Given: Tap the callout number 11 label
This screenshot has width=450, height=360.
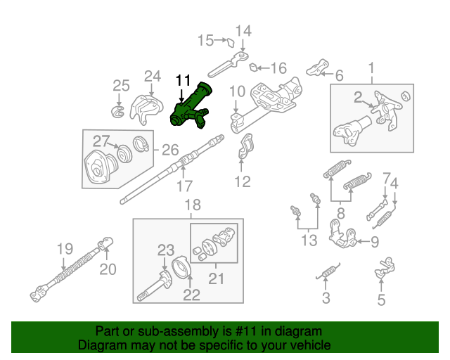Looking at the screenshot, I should [x=183, y=80].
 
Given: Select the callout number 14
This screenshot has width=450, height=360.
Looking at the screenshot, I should [x=243, y=30].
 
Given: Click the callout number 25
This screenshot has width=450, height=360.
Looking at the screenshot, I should [x=121, y=86].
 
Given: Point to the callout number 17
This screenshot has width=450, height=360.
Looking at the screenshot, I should [x=184, y=186].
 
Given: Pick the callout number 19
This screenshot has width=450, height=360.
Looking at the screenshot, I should [x=65, y=247].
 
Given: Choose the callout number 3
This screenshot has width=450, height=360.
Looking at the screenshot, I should [x=326, y=298].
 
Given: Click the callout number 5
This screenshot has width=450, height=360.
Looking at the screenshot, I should [x=381, y=301].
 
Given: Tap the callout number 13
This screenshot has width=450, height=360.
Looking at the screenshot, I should [x=309, y=241].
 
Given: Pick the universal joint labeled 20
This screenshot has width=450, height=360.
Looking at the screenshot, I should [x=107, y=245].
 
